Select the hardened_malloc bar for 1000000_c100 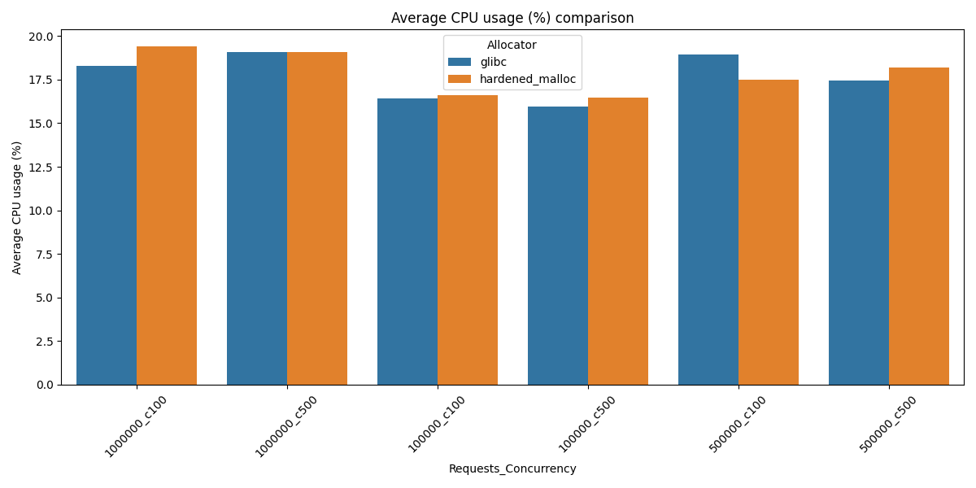coord(167,216)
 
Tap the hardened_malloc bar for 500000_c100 coord(769,232)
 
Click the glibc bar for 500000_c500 coord(859,233)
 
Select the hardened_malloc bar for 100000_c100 coord(468,240)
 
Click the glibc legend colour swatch coord(460,63)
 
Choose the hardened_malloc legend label coord(528,79)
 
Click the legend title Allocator coord(512,46)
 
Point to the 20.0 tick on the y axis coord(42,37)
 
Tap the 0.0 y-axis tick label coord(46,385)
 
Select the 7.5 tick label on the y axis coord(46,255)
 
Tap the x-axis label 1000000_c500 coord(285,425)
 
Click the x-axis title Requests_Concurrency coord(512,469)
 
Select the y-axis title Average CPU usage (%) coord(17,207)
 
